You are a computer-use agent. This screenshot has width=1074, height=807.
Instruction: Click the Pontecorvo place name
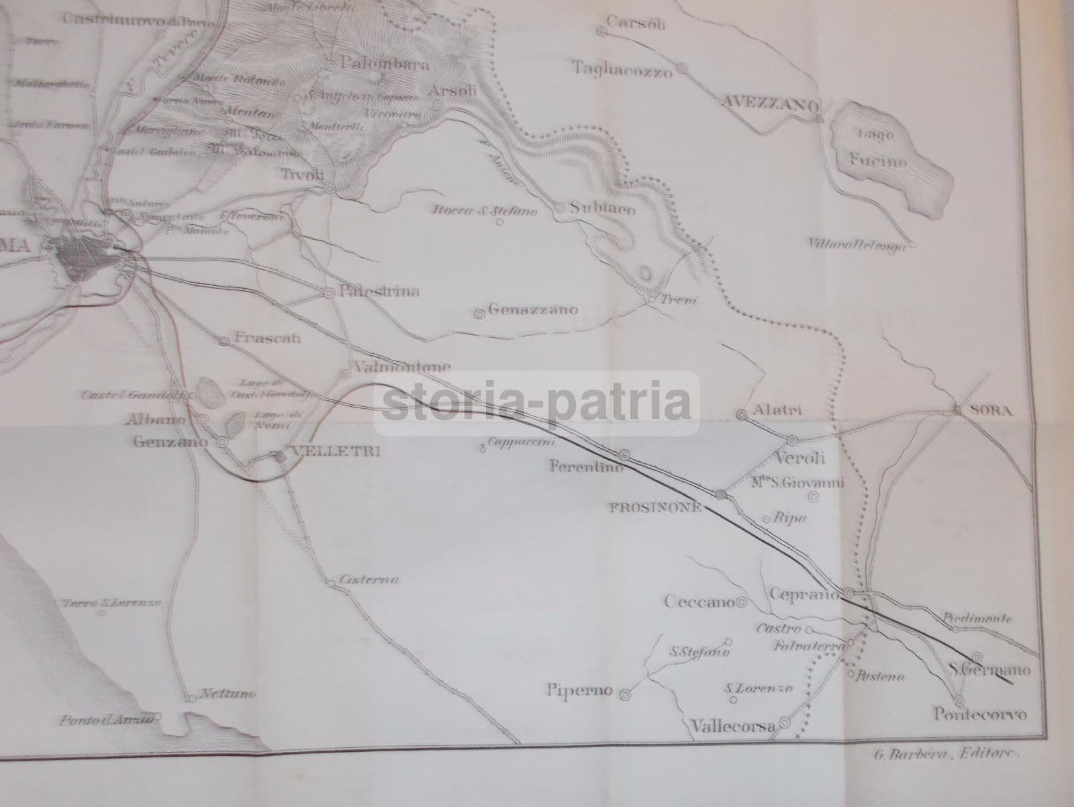981,714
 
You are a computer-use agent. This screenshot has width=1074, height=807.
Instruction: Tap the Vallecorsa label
732,726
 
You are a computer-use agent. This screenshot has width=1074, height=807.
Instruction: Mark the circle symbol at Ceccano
742,602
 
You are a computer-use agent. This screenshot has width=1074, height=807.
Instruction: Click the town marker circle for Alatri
742,415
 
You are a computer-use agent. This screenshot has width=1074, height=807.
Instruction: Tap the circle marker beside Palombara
332,66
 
